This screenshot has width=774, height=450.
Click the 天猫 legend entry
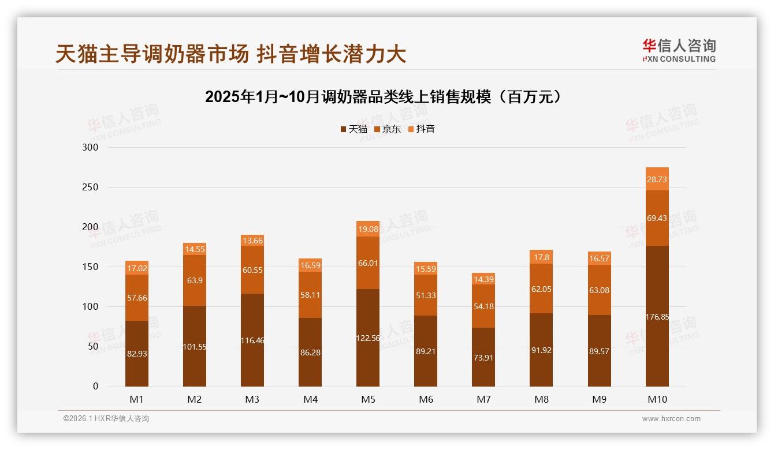pos(354,129)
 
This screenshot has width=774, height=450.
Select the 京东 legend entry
pos(388,129)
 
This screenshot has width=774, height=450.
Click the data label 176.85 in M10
pos(657,317)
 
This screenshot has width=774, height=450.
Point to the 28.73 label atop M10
pos(657,179)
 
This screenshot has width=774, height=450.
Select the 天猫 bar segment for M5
pos(368,337)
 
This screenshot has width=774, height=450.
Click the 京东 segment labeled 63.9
pos(195,280)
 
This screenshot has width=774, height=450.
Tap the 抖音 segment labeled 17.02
pos(137,268)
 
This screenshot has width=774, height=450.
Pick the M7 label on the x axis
pos(483,399)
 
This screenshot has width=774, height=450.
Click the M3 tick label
pos(252,399)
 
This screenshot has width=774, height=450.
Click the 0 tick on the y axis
pos(96,387)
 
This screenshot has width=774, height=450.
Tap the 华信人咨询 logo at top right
pos(679,50)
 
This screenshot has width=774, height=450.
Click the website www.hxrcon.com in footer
pos(671,419)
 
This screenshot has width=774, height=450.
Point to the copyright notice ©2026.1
pos(106,419)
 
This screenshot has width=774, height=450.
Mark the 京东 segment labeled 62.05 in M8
pos(541,289)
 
